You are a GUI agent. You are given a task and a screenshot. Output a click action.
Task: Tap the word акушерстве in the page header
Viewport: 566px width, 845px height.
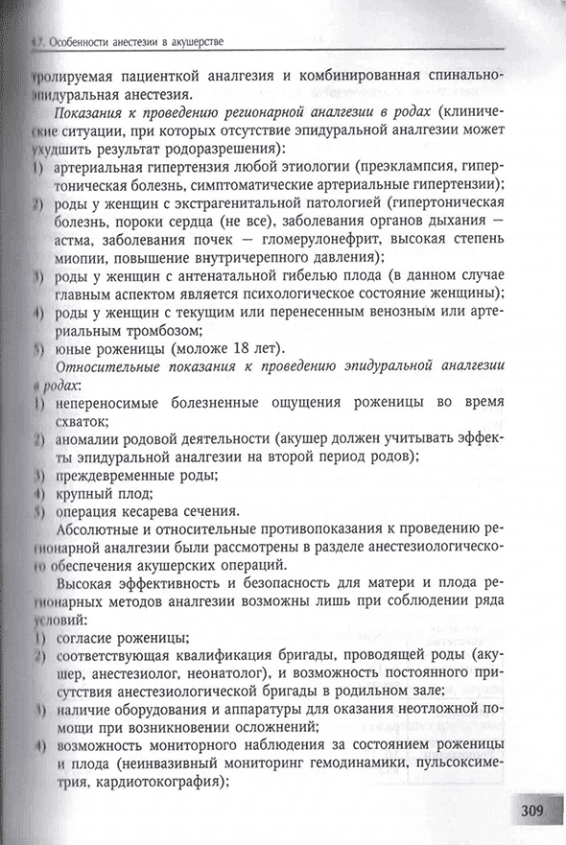[192, 42]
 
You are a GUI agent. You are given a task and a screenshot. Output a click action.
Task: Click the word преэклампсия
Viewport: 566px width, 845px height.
[416, 166]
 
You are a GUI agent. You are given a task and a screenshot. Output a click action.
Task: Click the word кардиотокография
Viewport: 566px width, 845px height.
[165, 781]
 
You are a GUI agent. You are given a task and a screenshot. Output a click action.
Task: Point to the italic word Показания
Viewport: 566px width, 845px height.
[101, 112]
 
